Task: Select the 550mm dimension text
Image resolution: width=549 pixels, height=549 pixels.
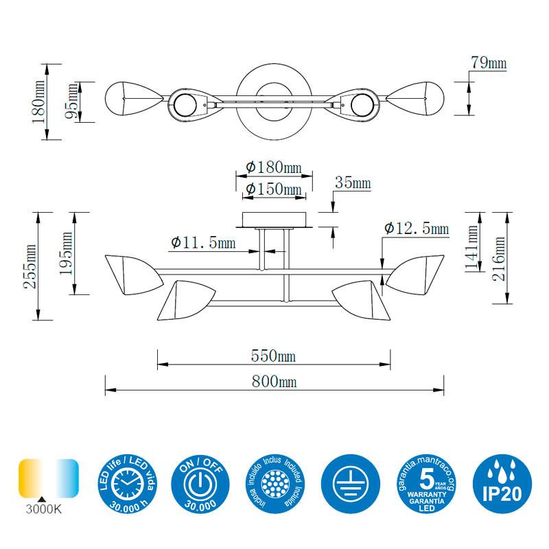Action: click(274, 356)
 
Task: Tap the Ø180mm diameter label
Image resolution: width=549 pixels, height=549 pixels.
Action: click(274, 167)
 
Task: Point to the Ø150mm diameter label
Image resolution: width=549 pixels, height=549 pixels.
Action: click(274, 189)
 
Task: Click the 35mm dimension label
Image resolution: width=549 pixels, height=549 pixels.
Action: click(352, 183)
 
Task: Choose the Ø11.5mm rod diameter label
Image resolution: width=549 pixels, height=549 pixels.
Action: click(203, 242)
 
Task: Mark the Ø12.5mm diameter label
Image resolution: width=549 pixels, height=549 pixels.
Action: click(417, 228)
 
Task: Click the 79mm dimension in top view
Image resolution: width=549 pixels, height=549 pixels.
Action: click(488, 63)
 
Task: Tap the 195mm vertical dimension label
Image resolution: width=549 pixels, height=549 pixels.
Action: click(67, 253)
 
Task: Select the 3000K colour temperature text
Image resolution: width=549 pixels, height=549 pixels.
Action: click(43, 509)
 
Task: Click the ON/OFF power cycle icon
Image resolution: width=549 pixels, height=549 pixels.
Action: click(199, 483)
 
